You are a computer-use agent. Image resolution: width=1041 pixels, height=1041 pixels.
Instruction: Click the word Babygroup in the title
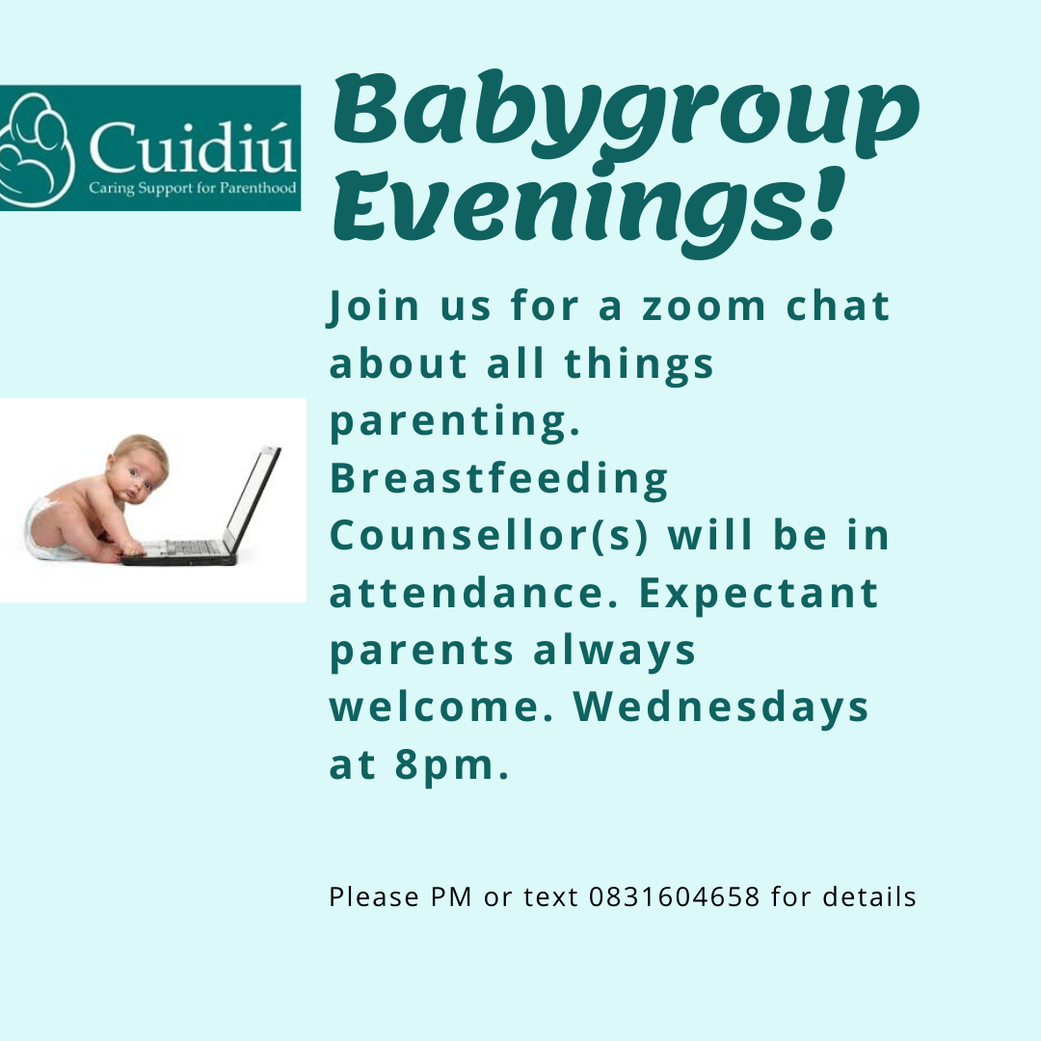[x=626, y=117]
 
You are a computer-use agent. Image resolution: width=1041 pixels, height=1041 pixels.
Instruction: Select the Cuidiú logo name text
[x=192, y=147]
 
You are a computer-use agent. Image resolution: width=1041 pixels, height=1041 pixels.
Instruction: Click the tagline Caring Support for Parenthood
[x=193, y=188]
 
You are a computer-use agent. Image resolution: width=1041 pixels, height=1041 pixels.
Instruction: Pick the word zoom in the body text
[x=704, y=307]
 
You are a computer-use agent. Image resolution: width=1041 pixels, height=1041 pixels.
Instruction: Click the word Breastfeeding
[x=499, y=478]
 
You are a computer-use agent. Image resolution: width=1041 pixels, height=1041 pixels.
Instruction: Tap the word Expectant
[x=759, y=593]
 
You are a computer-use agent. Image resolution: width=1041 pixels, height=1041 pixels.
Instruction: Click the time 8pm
[x=452, y=764]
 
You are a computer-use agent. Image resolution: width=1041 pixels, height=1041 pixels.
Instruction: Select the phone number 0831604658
[x=674, y=896]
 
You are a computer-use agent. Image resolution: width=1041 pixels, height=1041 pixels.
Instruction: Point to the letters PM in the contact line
[x=451, y=896]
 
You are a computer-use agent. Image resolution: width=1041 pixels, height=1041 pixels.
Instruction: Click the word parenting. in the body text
[x=455, y=421]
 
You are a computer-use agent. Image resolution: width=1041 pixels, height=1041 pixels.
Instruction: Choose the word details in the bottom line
[x=869, y=896]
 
